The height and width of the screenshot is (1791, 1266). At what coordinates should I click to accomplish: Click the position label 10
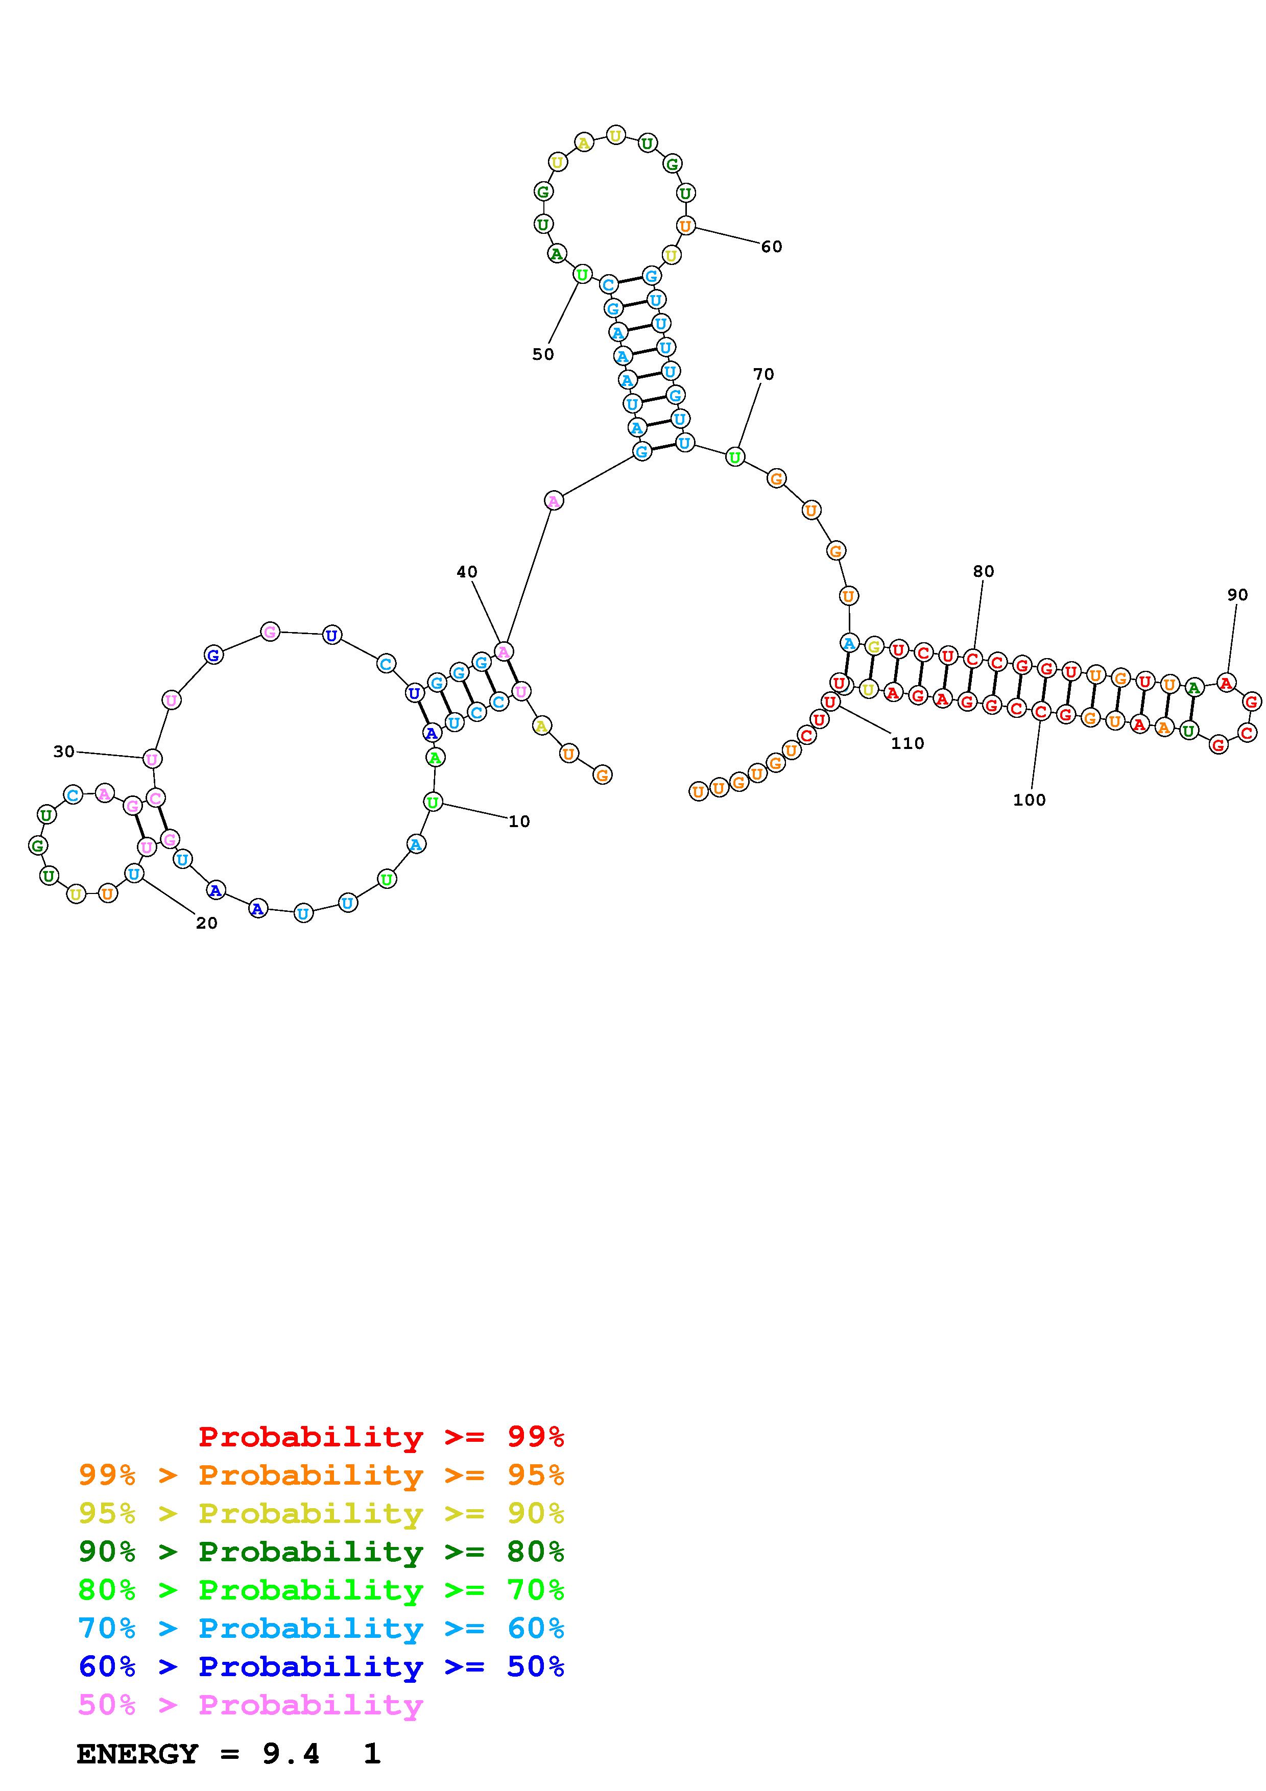click(x=519, y=821)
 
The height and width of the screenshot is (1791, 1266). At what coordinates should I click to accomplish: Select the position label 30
click(x=64, y=751)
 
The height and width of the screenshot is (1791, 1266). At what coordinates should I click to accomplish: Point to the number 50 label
click(x=543, y=354)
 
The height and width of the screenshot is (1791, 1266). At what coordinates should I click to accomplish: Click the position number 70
click(x=763, y=374)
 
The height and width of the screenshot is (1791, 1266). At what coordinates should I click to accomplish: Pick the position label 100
click(x=1029, y=800)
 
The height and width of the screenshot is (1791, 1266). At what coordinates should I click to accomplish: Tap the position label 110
click(x=907, y=743)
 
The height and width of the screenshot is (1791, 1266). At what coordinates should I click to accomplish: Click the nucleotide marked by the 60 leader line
click(x=685, y=226)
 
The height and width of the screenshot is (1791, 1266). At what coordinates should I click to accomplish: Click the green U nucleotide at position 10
click(x=433, y=801)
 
